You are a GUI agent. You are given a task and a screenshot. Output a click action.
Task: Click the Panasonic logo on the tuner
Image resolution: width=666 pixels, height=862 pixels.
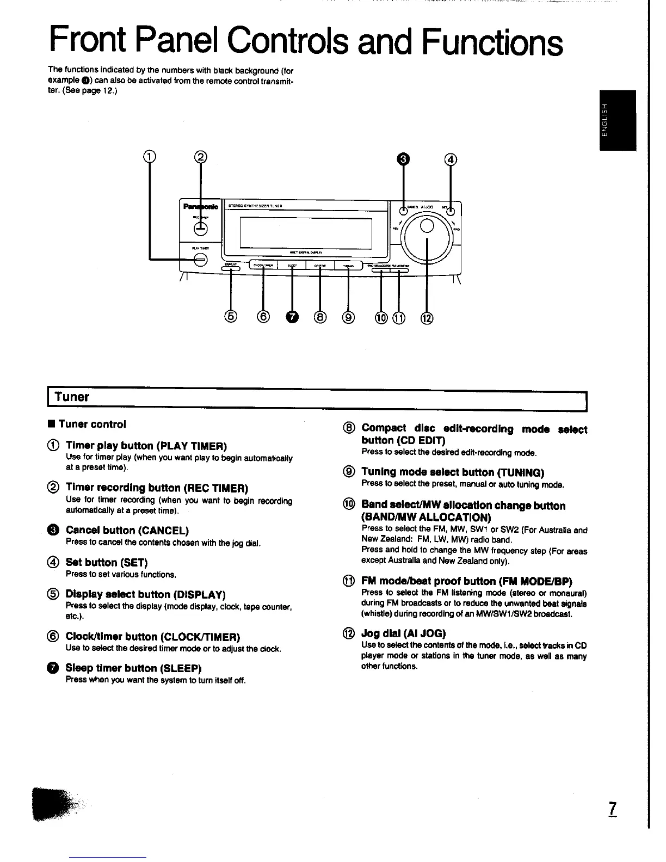200,207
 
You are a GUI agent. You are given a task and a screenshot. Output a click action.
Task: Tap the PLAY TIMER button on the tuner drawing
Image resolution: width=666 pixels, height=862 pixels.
200,260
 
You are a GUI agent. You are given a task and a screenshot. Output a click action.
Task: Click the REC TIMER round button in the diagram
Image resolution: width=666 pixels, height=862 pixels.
200,228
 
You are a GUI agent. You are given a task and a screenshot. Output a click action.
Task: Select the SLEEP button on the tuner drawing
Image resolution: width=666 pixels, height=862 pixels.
292,266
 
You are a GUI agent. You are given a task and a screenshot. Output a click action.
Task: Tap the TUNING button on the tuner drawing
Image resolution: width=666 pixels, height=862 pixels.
348,266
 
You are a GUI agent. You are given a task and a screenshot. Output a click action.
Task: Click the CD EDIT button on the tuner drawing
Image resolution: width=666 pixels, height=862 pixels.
320,266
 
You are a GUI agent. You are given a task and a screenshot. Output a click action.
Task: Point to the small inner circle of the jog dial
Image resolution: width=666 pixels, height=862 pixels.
427,225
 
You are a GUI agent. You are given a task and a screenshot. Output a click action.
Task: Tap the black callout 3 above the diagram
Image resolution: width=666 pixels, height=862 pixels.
403,159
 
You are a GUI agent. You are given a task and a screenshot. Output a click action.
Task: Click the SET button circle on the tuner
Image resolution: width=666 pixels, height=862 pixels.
451,211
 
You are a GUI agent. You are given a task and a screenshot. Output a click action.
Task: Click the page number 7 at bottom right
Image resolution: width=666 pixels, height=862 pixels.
613,809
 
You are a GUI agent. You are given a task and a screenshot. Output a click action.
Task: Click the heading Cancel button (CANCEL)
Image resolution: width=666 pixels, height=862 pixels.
127,530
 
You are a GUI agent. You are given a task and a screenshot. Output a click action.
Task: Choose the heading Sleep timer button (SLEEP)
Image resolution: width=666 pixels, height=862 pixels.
133,668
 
